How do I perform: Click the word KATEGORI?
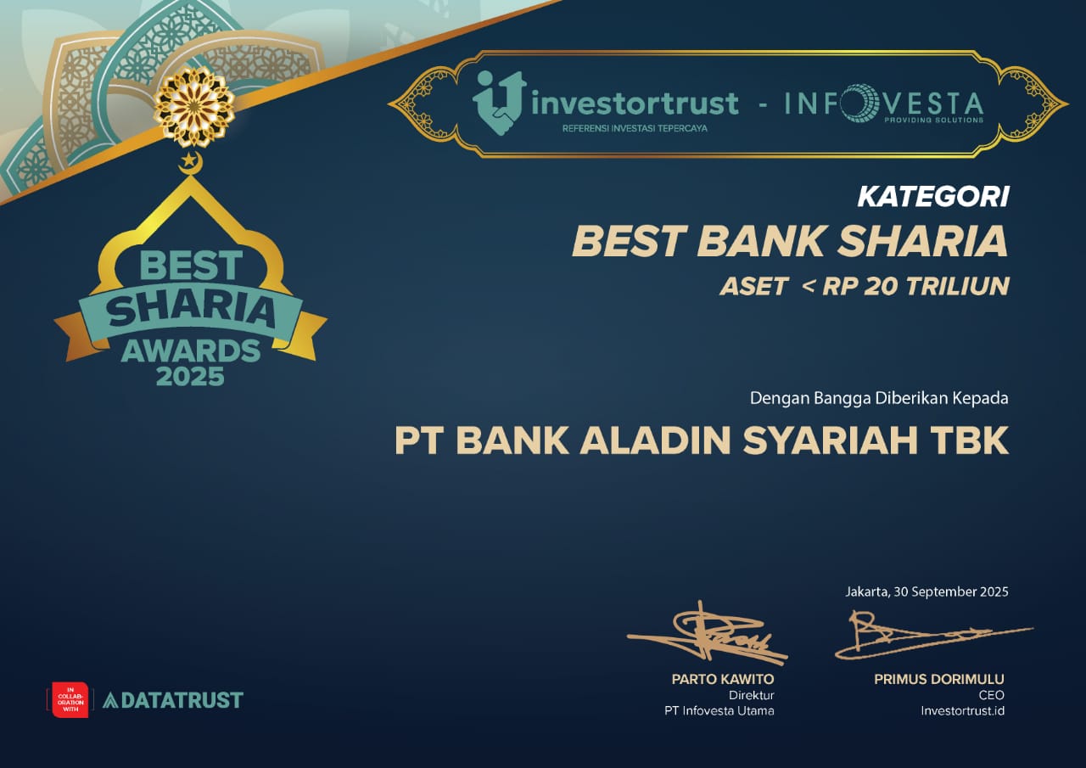click(x=933, y=197)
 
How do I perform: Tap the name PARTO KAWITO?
click(x=722, y=679)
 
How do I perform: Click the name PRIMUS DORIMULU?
click(x=939, y=679)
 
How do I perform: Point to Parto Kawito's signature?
click(x=708, y=634)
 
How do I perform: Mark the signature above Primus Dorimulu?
click(x=933, y=635)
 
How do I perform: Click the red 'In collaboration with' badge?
click(x=70, y=699)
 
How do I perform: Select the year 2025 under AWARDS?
click(x=190, y=376)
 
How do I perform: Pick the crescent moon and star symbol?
click(x=190, y=163)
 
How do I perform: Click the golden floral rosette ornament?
click(x=194, y=107)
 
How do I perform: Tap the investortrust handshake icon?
click(x=500, y=103)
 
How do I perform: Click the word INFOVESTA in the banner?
click(x=884, y=103)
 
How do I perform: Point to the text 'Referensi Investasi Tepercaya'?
click(x=635, y=128)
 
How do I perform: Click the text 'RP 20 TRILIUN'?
click(x=915, y=286)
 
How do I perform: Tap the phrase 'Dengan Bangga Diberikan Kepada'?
click(x=879, y=398)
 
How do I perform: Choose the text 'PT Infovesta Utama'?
click(x=719, y=711)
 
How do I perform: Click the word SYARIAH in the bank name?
click(x=830, y=440)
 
